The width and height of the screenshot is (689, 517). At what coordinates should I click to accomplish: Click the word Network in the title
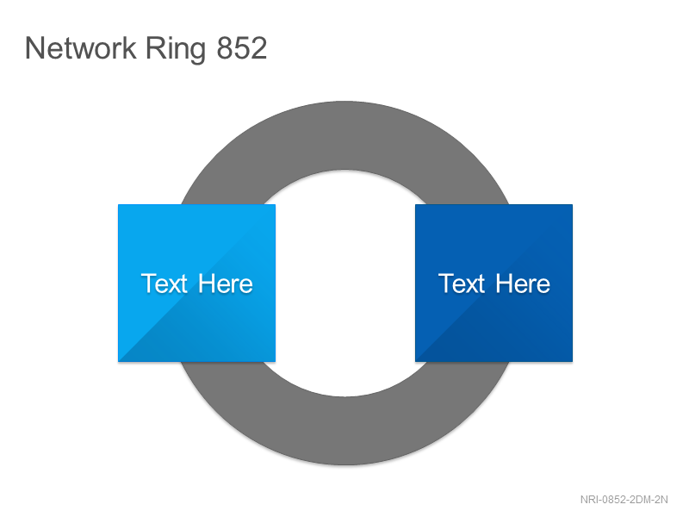click(x=80, y=48)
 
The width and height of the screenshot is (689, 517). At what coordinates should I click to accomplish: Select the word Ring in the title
click(x=176, y=50)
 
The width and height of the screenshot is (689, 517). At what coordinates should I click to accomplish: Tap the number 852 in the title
click(x=242, y=48)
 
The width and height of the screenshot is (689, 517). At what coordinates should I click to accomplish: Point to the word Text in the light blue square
click(x=164, y=283)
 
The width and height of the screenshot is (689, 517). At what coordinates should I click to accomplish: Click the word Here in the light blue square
click(x=226, y=283)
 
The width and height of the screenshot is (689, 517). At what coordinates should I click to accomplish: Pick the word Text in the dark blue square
click(x=462, y=283)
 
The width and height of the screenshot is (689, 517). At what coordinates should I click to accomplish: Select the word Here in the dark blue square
click(x=523, y=283)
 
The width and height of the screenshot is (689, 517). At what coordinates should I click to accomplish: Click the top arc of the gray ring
click(x=345, y=135)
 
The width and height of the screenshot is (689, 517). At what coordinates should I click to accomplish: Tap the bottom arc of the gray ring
click(x=345, y=431)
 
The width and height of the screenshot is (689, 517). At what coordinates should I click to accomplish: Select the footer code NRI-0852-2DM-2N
click(x=624, y=500)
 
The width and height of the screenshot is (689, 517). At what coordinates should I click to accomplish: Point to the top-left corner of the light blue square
click(x=118, y=204)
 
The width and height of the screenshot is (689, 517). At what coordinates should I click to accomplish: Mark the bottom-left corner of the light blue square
click(x=118, y=362)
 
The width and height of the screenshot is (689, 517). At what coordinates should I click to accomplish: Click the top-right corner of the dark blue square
click(x=573, y=204)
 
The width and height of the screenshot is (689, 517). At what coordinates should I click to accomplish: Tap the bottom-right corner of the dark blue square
click(x=573, y=362)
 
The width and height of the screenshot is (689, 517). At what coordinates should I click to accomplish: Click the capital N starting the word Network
click(x=34, y=48)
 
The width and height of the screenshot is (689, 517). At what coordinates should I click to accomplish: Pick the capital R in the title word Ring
click(x=155, y=48)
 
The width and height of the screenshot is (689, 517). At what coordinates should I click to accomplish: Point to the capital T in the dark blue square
click(x=446, y=283)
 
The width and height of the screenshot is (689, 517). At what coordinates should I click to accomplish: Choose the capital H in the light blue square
click(x=207, y=283)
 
